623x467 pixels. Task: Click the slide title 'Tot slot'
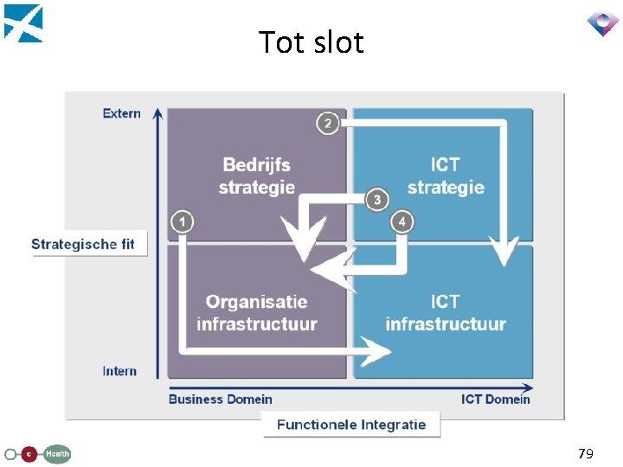pyautogui.click(x=311, y=42)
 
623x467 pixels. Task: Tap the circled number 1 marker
pyautogui.click(x=183, y=222)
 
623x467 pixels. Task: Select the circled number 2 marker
pyautogui.click(x=327, y=124)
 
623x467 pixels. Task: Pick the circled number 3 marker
pyautogui.click(x=376, y=201)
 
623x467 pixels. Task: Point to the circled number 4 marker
pyautogui.click(x=402, y=222)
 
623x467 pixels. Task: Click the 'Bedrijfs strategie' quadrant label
pyautogui.click(x=257, y=176)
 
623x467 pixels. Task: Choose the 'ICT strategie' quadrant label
pyautogui.click(x=445, y=176)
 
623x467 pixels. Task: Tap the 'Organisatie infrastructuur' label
pyautogui.click(x=257, y=313)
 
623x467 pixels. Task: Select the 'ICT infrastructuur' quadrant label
pyautogui.click(x=445, y=313)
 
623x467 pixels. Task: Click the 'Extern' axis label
pyautogui.click(x=121, y=113)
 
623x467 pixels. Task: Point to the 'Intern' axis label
pyautogui.click(x=119, y=371)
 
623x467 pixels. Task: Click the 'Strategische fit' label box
pyautogui.click(x=83, y=244)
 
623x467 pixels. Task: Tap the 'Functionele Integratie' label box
pyautogui.click(x=351, y=425)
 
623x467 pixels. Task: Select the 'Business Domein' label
pyautogui.click(x=220, y=400)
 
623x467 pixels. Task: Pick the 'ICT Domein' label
pyautogui.click(x=495, y=400)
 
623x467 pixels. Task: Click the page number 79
pyautogui.click(x=586, y=453)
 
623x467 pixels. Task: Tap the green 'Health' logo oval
pyautogui.click(x=57, y=453)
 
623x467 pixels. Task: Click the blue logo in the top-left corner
pyautogui.click(x=23, y=22)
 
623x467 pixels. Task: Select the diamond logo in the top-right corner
pyautogui.click(x=602, y=22)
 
